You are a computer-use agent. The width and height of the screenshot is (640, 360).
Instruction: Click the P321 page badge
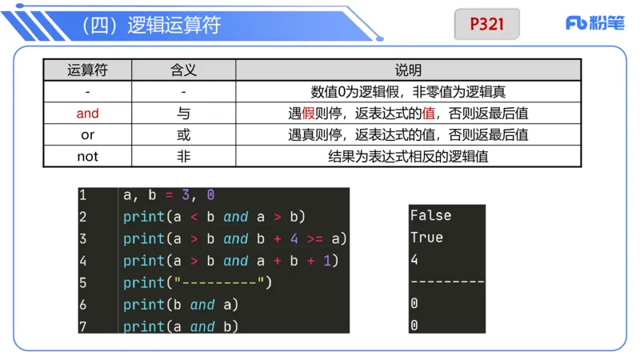486,24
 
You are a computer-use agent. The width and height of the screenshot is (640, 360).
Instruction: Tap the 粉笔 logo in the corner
594,23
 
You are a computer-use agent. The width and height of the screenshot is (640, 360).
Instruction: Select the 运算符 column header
87,70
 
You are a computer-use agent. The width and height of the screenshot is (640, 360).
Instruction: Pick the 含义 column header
184,70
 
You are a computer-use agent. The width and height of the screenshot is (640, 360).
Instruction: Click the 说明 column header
408,70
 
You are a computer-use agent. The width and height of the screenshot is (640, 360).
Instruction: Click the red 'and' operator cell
87,114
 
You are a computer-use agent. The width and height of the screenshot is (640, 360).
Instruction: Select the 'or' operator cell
87,135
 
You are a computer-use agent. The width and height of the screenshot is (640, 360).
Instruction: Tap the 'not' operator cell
87,156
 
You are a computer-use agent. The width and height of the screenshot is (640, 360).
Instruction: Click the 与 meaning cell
184,114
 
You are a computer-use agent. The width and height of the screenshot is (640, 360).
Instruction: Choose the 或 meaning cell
184,135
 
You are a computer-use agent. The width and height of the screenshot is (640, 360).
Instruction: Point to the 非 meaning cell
184,156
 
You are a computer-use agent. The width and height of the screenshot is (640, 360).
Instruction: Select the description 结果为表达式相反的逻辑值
408,156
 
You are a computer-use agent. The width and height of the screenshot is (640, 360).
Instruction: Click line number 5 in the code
83,282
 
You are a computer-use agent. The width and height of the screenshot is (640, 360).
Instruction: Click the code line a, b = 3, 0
169,194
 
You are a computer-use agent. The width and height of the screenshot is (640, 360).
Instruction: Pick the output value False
430,215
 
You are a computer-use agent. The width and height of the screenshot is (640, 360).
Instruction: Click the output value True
426,238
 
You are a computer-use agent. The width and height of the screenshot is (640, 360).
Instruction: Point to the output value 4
414,260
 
